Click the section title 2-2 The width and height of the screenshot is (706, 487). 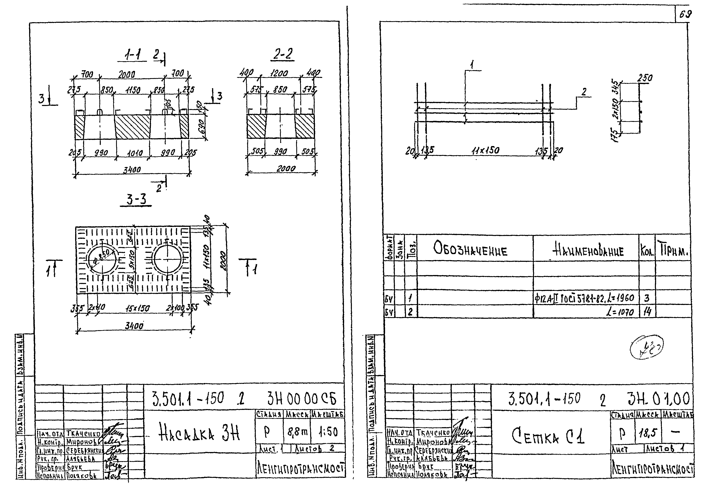tap(283, 55)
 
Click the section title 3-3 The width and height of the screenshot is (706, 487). tap(136, 200)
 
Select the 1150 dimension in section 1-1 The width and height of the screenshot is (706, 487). tap(132, 90)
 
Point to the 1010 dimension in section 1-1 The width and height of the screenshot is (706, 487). tap(134, 153)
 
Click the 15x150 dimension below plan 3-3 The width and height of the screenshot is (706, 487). tap(137, 308)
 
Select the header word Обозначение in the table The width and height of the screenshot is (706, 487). tap(470, 251)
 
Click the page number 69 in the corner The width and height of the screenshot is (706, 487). tap(685, 14)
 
